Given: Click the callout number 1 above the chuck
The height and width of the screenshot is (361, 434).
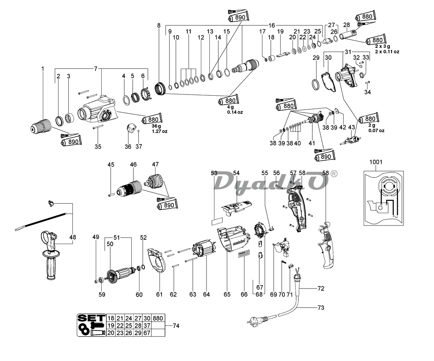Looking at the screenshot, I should click(42, 69).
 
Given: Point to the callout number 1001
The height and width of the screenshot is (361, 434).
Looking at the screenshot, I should click(376, 162).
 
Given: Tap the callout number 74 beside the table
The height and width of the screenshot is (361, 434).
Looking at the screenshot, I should click(176, 325).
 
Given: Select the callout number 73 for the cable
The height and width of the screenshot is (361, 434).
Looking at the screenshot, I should click(320, 308).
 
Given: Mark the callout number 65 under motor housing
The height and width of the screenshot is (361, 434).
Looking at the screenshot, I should click(227, 294).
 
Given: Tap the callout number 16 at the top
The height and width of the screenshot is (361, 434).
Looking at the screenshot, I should click(272, 25).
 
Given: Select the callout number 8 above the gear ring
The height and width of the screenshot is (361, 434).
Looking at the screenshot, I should click(159, 25).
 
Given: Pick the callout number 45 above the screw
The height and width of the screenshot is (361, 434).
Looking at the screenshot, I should click(111, 165).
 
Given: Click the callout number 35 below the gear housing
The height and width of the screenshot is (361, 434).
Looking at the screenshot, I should click(98, 147).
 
